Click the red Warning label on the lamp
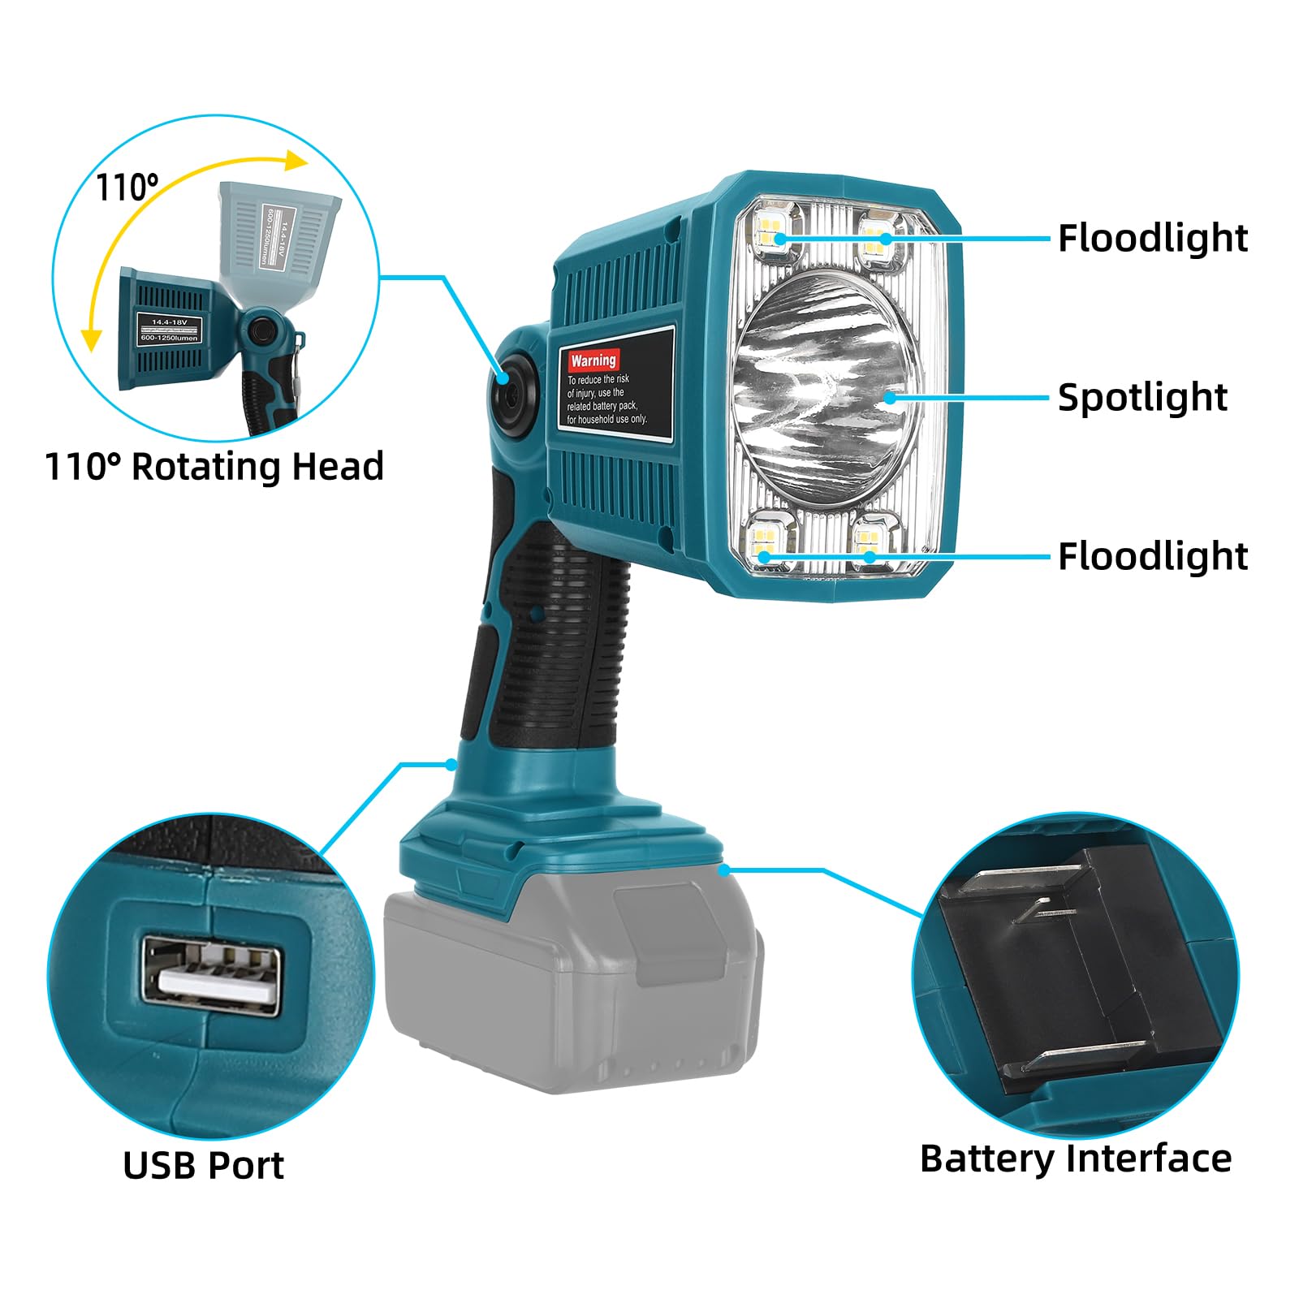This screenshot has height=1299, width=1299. click(593, 360)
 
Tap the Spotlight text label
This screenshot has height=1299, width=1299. click(1141, 398)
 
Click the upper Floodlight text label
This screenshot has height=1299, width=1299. click(1152, 239)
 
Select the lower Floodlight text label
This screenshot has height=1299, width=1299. click(1152, 557)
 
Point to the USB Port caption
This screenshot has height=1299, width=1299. click(204, 1166)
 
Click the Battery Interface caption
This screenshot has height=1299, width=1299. click(1075, 1159)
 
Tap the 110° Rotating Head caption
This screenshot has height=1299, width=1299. click(214, 467)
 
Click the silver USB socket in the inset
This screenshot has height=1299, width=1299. click(213, 975)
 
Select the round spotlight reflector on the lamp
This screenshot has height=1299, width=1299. click(824, 390)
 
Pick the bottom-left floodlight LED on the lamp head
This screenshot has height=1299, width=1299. click(764, 540)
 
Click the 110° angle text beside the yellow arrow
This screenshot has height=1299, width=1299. click(127, 188)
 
